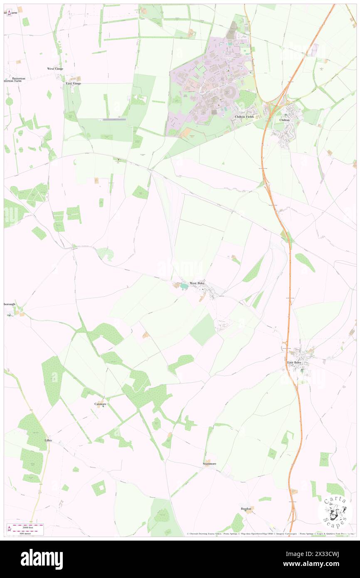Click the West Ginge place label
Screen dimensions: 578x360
click(x=55, y=68)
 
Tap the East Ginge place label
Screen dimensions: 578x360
click(x=74, y=83)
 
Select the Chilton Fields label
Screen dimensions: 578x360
click(x=244, y=117)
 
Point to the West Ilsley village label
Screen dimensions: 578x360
click(x=197, y=283)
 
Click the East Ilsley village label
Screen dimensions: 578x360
click(x=294, y=363)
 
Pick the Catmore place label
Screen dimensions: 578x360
click(x=100, y=404)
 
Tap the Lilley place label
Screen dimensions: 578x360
click(x=49, y=440)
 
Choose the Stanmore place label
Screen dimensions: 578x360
click(x=209, y=464)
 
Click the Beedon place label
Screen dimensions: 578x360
click(x=246, y=509)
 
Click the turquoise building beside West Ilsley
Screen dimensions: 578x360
click(x=184, y=286)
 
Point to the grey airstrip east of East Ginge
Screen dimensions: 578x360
click(x=113, y=119)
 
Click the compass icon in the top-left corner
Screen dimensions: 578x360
click(x=9, y=12)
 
